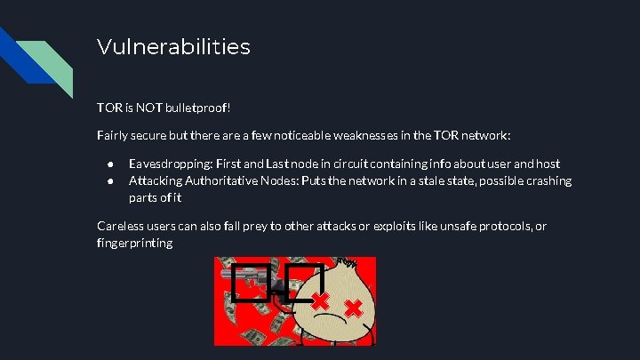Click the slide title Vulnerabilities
[173, 46]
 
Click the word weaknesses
[348, 135]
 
